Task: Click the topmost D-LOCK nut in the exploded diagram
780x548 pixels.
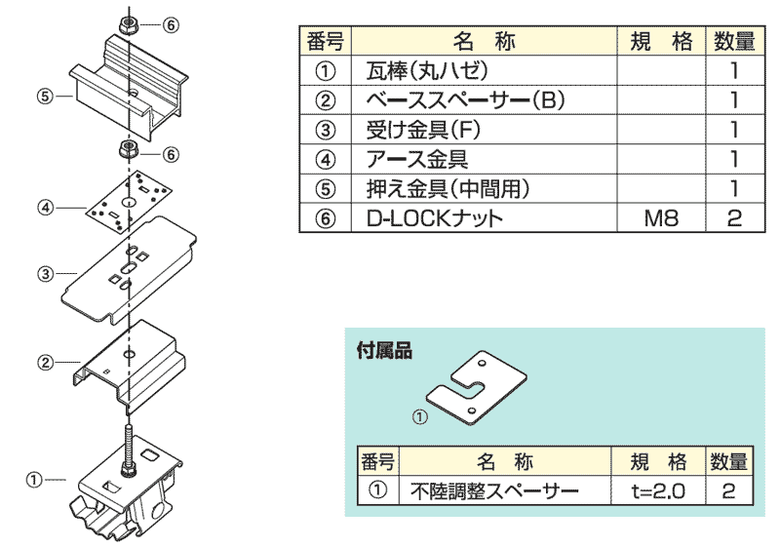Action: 129,24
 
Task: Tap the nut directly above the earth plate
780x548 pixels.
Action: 128,150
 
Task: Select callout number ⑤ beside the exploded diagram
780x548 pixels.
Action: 44,96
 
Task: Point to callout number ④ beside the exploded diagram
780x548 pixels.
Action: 44,207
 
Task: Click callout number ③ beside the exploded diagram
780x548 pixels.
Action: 44,274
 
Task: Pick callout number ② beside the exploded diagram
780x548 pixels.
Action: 44,363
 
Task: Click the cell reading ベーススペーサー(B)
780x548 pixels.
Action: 465,99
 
